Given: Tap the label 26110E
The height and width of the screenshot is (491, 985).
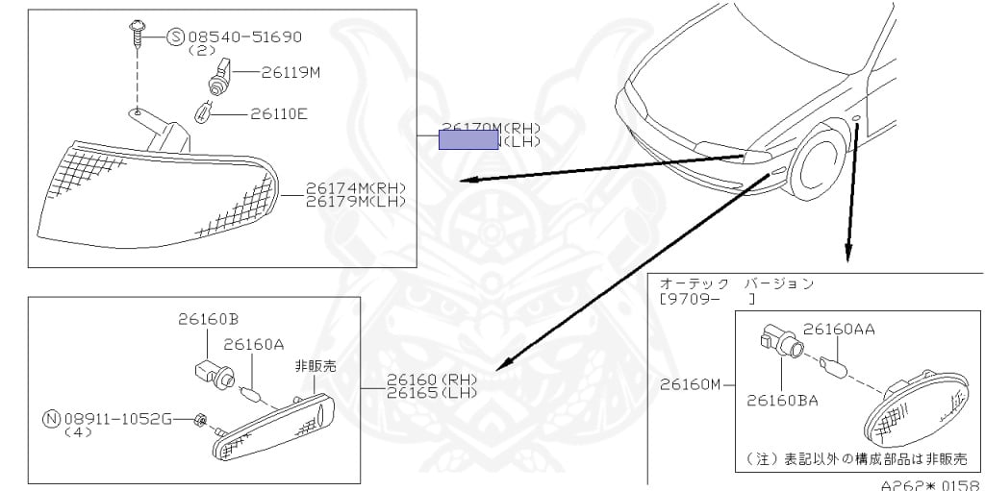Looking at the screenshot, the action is tap(279, 113).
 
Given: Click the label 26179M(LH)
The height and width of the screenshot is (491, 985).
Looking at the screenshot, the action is tap(356, 201).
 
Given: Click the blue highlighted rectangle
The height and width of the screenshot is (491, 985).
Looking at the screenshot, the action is tap(468, 139).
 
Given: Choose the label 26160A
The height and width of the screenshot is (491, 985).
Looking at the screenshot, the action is tap(254, 343).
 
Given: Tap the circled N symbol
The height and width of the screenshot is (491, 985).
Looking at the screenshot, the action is tap(52, 419).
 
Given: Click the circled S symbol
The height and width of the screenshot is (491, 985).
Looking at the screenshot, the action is tap(175, 37).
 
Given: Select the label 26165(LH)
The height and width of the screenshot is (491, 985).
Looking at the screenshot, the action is tap(432, 394).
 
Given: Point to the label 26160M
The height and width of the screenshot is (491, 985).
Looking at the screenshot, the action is tap(691, 384).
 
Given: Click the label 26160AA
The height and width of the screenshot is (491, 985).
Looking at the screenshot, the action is tap(839, 329).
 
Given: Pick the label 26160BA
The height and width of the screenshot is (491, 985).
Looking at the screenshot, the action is tap(782, 400).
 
